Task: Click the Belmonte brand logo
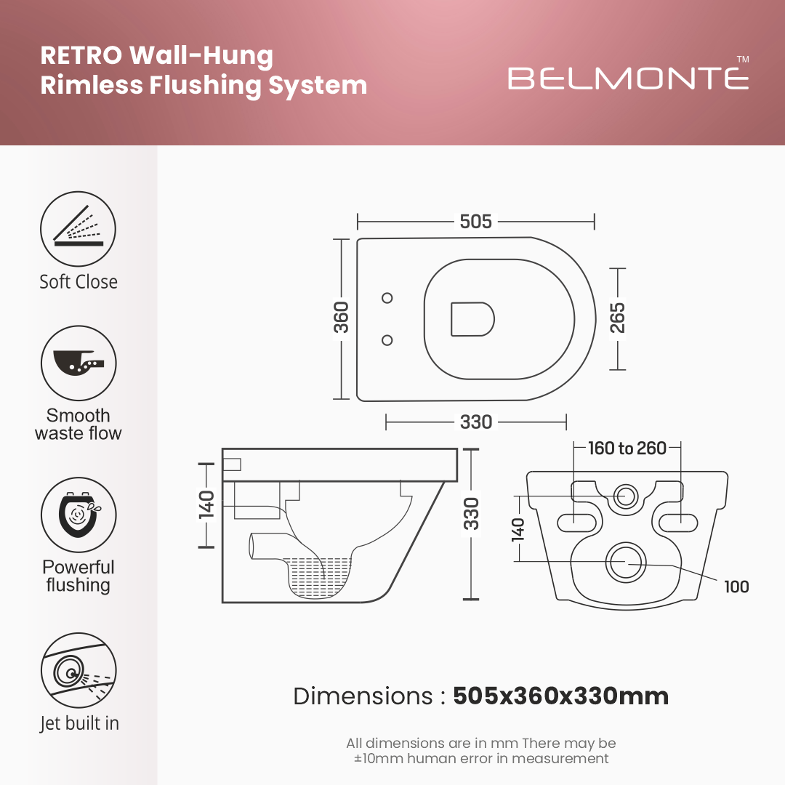(628, 77)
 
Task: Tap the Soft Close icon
(78, 229)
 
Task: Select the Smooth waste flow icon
(78, 363)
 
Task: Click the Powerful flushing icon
(78, 515)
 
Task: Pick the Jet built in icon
(78, 671)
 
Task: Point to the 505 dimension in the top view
(476, 222)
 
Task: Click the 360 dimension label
(342, 318)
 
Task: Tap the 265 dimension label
(617, 318)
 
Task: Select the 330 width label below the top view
(476, 422)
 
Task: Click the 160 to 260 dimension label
(627, 448)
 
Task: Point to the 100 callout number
(736, 587)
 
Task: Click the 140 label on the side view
(206, 504)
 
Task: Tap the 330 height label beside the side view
(472, 513)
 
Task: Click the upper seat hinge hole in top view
(387, 297)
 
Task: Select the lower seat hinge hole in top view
(387, 339)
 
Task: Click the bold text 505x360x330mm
(560, 696)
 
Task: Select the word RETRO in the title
(81, 56)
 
